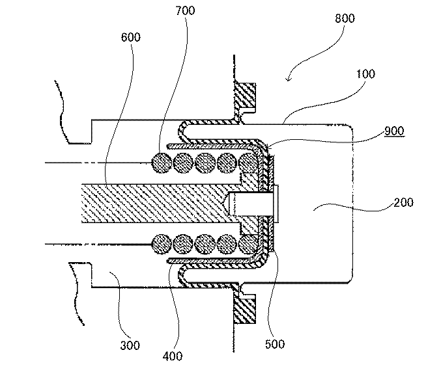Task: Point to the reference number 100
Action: [365, 73]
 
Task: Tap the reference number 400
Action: [173, 356]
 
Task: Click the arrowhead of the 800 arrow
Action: [289, 81]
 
